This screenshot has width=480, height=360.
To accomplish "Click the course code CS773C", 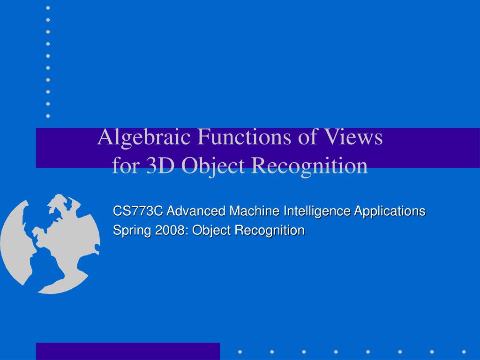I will click(x=138, y=211).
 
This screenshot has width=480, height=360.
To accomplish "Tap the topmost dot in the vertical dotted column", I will click(x=48, y=8).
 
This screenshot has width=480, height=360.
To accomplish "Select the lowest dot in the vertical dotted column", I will click(x=48, y=115).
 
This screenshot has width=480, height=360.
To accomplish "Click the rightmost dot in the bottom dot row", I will click(x=464, y=351).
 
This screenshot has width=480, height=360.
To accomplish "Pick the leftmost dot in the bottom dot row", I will click(x=240, y=351).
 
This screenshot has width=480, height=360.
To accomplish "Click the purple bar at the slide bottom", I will click(x=127, y=351).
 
